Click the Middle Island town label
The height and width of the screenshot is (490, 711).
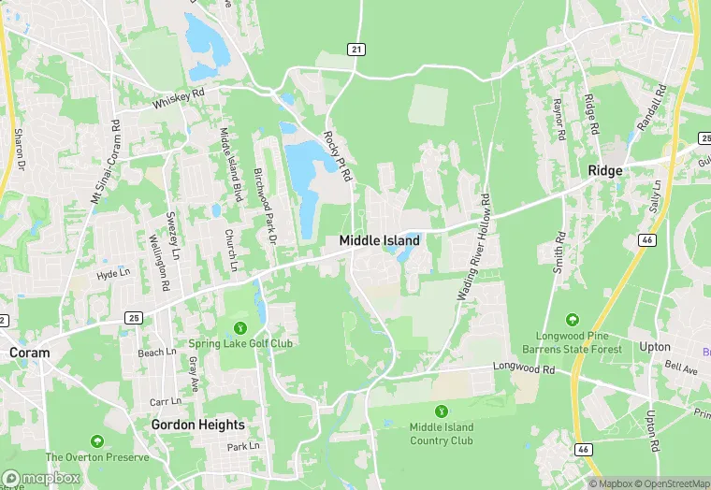(x=379, y=240)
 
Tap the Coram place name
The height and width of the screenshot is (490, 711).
(x=28, y=353)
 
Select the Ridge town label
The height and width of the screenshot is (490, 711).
(x=605, y=170)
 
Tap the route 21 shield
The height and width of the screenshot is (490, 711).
(x=355, y=49)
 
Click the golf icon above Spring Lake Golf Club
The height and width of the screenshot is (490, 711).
(x=240, y=327)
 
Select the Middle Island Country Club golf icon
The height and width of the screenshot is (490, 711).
(x=442, y=410)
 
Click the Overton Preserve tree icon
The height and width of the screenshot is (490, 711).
(x=96, y=440)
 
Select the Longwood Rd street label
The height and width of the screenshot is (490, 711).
(x=525, y=367)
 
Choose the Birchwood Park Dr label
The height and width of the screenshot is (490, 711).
(x=266, y=207)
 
